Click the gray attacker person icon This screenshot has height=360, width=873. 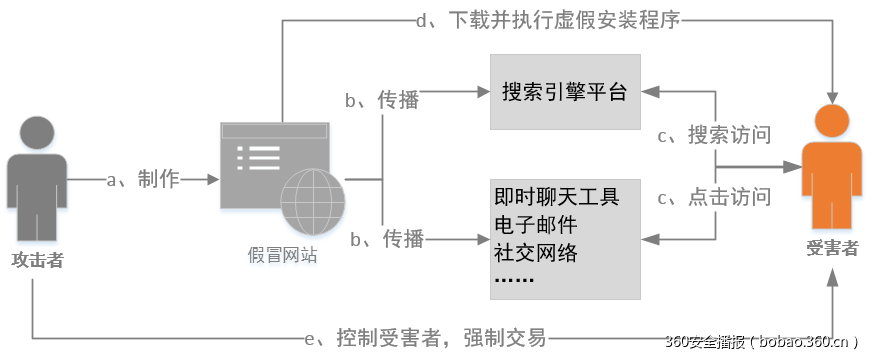pyautogui.click(x=37, y=175)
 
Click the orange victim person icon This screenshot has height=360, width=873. pyautogui.click(x=831, y=170)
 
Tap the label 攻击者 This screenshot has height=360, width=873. pyautogui.click(x=37, y=260)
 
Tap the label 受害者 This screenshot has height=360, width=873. pyautogui.click(x=832, y=249)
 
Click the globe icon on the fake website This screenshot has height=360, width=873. pyautogui.click(x=312, y=193)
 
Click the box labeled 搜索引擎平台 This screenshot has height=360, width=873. pyautogui.click(x=564, y=92)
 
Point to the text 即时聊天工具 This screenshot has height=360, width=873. pyautogui.click(x=557, y=195)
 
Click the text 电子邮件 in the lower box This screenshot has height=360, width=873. pyautogui.click(x=536, y=222)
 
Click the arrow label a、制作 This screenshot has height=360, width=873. pyautogui.click(x=142, y=179)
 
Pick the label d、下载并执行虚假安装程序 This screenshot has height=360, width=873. pyautogui.click(x=548, y=20)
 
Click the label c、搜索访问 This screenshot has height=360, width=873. pyautogui.click(x=714, y=135)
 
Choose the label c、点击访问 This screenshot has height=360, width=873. pyautogui.click(x=714, y=197)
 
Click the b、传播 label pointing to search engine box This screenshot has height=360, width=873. pyautogui.click(x=382, y=100)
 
